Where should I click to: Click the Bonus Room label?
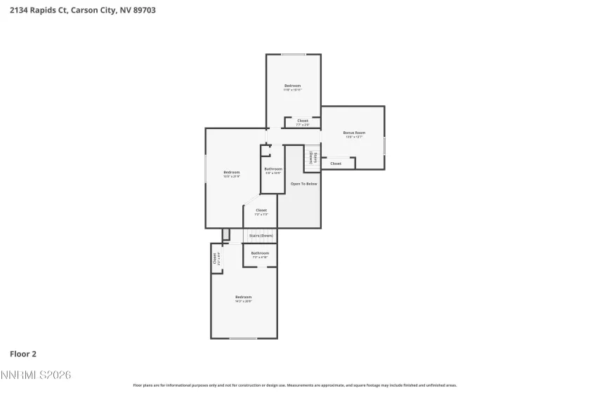(x=354, y=133)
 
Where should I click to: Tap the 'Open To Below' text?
(x=304, y=184)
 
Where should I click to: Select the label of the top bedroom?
(x=292, y=86)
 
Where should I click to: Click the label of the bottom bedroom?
(x=243, y=297)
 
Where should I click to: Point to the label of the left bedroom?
(x=232, y=173)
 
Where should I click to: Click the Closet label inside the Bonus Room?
(x=336, y=164)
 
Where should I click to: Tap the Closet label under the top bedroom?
(x=303, y=121)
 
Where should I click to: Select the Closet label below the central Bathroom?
(x=261, y=210)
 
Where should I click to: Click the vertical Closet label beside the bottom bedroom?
(x=216, y=258)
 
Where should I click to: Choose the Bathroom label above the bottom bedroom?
(x=260, y=253)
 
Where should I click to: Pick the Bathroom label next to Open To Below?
(x=273, y=169)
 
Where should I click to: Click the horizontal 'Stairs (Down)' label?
(x=261, y=236)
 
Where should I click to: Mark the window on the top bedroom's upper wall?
(x=293, y=55)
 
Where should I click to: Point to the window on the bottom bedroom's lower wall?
(x=243, y=338)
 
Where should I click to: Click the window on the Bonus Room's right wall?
(x=384, y=145)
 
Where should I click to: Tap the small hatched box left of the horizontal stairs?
(x=225, y=234)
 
